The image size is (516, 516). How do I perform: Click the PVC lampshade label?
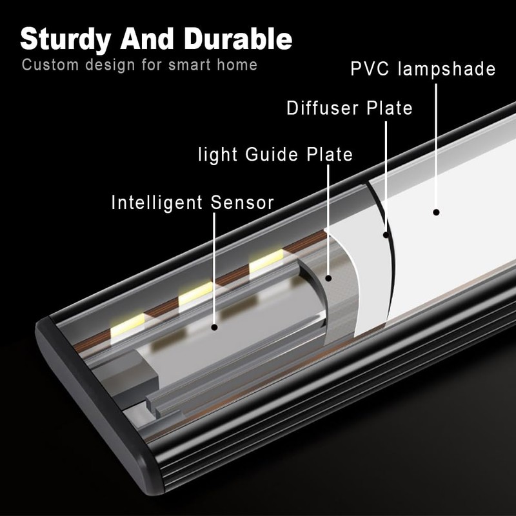(x=423, y=69)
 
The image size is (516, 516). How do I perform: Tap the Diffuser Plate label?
(x=350, y=108)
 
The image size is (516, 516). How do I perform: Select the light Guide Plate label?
(x=276, y=155)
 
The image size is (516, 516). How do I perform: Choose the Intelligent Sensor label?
(x=193, y=203)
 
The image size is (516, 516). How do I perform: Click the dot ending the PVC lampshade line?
(x=436, y=212)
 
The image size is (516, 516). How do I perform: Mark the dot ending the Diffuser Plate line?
(x=386, y=234)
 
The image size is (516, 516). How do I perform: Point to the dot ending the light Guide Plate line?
(x=328, y=279)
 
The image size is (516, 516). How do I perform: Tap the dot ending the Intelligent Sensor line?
(x=214, y=327)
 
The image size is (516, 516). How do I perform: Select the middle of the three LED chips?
(x=195, y=294)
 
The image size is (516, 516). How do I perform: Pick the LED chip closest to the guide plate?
(x=266, y=259)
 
